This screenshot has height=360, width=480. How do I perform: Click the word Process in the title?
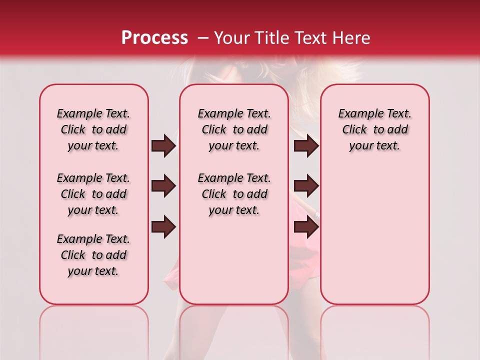pos(154,38)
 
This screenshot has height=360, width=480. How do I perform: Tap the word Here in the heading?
pos(351,38)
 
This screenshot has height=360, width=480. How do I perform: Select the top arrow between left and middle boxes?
pos(163,146)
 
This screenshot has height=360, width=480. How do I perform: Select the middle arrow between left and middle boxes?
pos(163,186)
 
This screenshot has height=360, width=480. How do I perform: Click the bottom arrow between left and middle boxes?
pos(163,227)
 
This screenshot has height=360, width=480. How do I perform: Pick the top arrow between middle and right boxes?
pos(306,146)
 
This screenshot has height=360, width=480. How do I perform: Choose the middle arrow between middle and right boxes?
pos(306,186)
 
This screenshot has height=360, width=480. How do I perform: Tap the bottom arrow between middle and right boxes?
pos(306,227)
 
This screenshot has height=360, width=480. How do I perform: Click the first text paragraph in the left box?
pos(93,129)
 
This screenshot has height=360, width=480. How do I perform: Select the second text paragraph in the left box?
pos(93,194)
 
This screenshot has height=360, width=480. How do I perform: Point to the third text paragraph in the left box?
pos(93,255)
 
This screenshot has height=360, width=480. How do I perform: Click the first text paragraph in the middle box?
pos(234,129)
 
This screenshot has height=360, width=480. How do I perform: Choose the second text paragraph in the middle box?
pos(234,194)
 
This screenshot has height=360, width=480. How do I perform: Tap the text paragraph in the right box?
pos(374,129)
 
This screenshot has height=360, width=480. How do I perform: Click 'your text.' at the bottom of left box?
pos(93,271)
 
